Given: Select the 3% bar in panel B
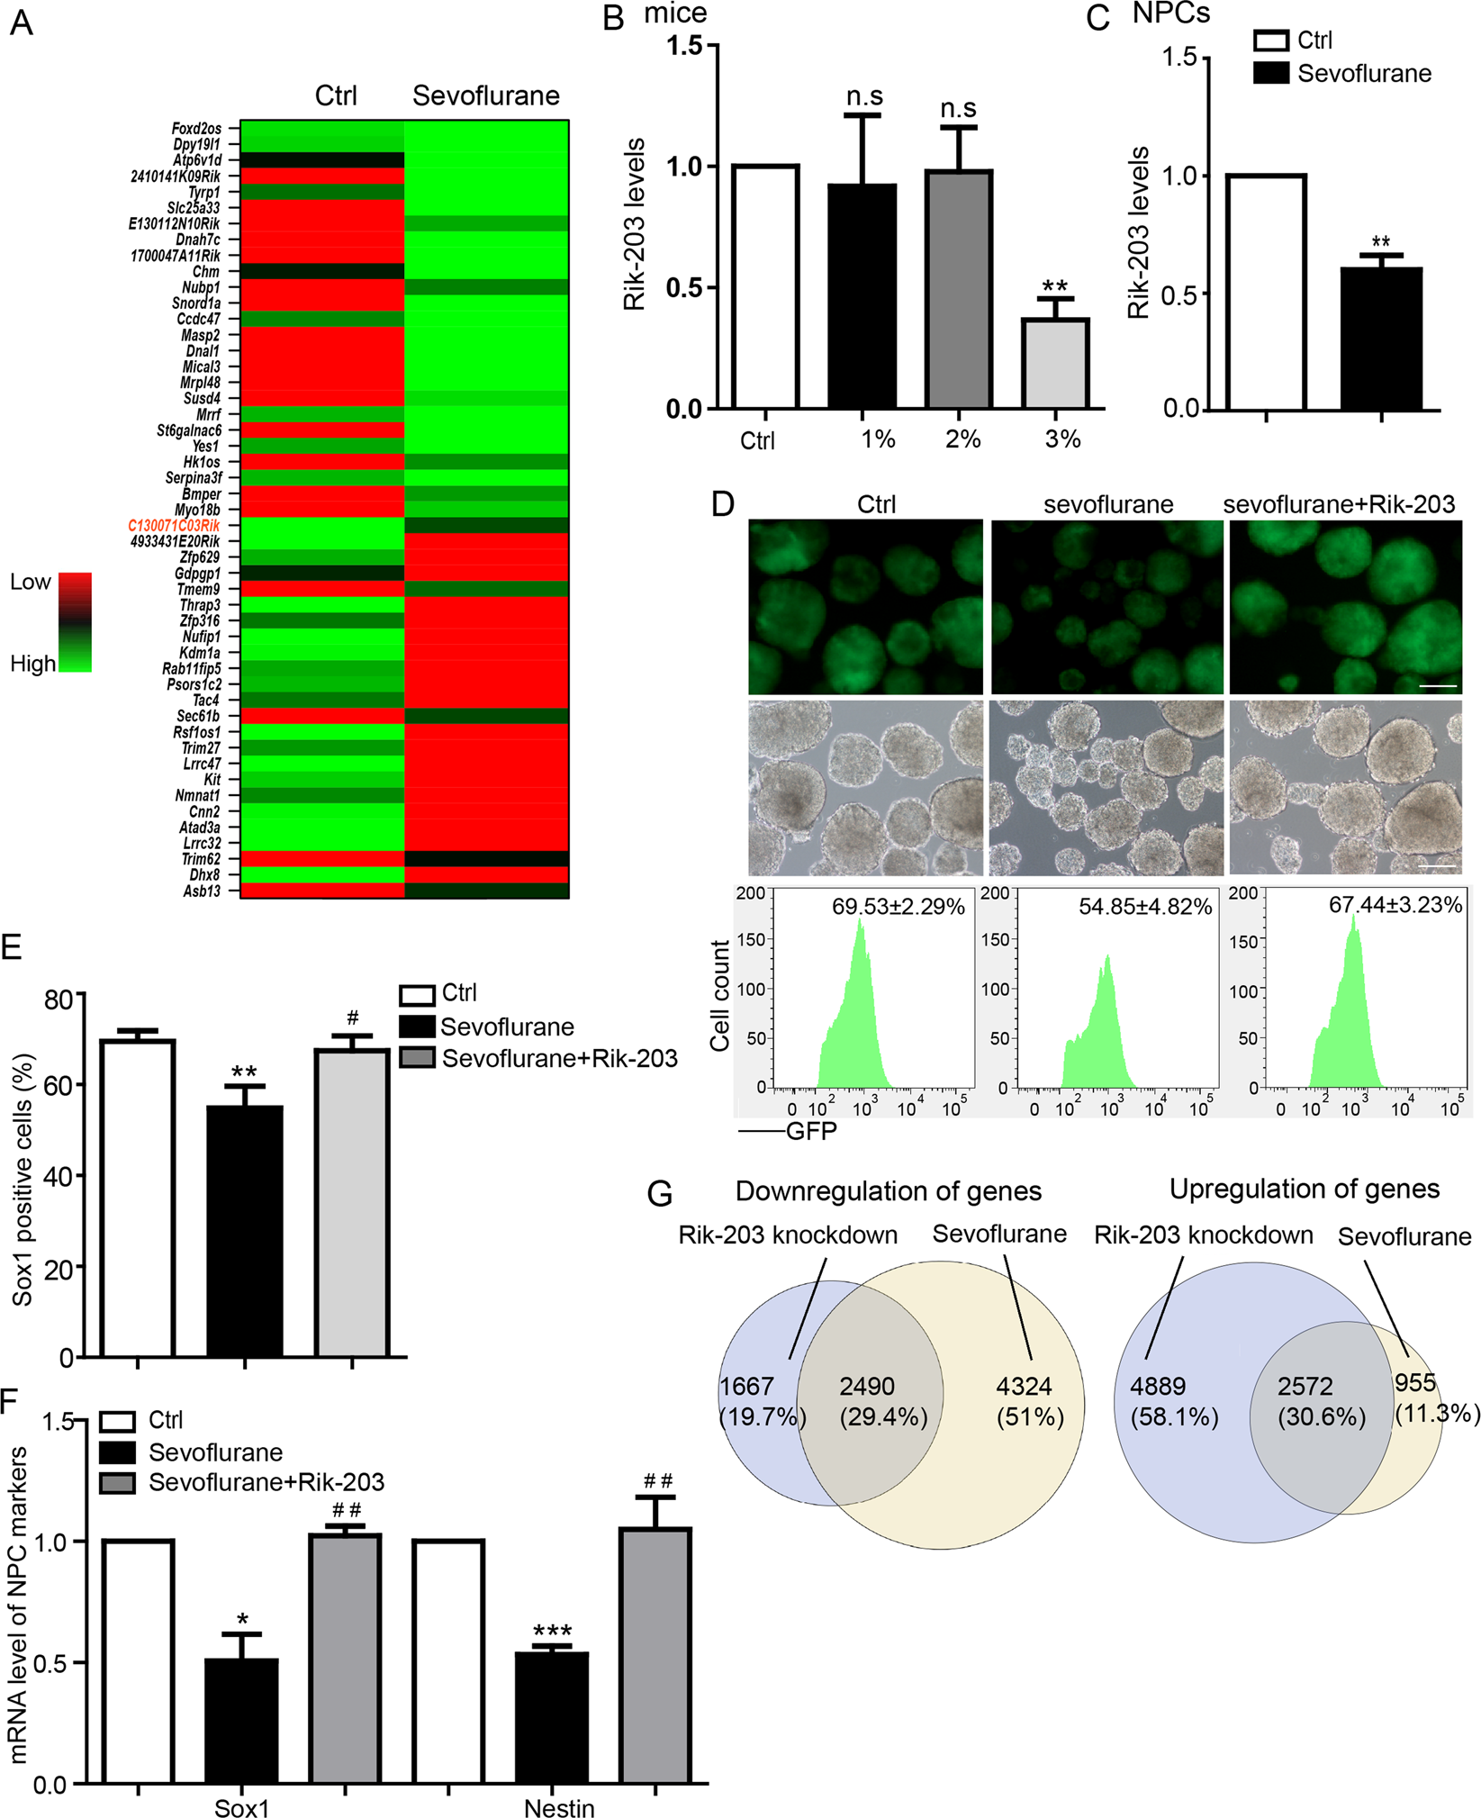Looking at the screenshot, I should coord(1054,364).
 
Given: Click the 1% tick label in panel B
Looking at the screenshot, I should coord(877,439).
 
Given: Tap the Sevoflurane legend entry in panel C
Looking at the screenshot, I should coord(1363,74).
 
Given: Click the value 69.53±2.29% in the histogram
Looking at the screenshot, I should coord(898,906).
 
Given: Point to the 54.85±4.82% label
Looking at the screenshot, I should coord(1144,906).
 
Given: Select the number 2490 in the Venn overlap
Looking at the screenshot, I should coord(867,1387).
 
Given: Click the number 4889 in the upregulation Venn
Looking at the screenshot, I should coord(1158,1387).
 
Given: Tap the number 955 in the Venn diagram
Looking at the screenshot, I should coord(1415,1382).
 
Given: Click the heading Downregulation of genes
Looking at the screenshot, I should coord(888,1191).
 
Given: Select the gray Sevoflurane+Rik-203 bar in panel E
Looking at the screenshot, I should coord(352,1203).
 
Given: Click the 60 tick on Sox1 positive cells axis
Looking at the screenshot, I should coord(59,1086).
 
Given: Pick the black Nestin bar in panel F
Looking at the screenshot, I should coord(551,1718).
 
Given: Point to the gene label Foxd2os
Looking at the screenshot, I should coord(195,129).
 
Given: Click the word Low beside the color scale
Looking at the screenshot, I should coord(30,583).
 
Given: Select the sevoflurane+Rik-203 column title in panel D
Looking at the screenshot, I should coord(1339,504).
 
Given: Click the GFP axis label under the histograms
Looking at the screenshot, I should coord(811,1131).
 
